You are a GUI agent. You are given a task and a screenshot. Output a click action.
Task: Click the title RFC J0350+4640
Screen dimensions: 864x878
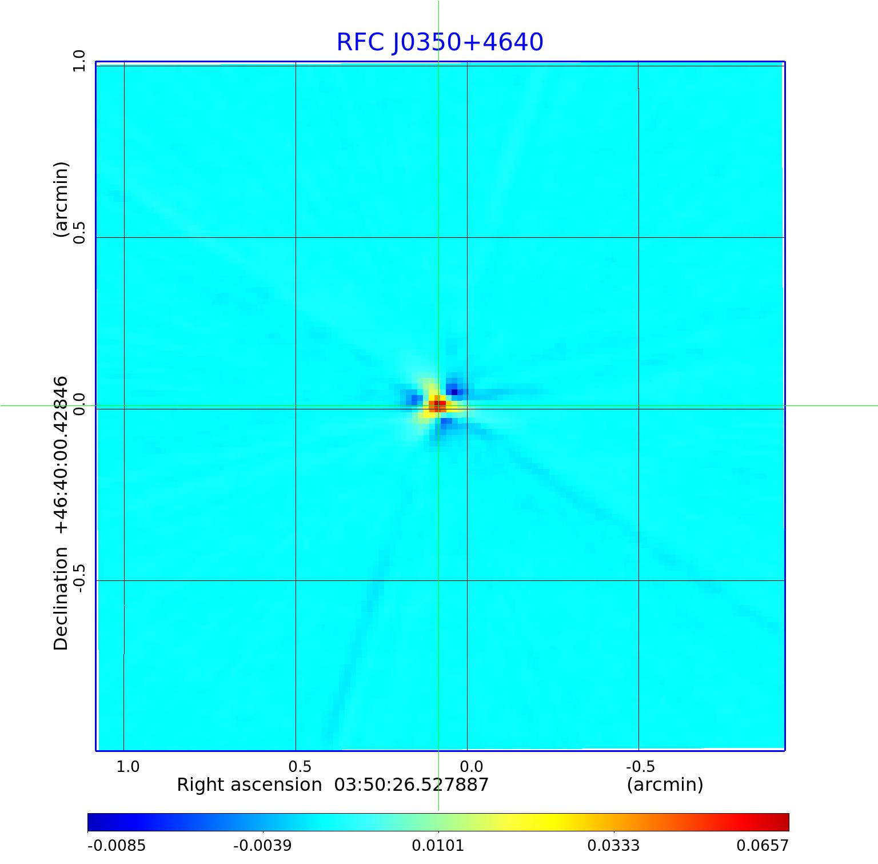[440, 42]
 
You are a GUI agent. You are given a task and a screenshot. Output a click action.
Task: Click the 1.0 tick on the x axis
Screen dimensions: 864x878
[127, 767]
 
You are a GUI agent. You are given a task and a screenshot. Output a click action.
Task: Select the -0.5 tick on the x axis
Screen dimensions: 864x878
[640, 767]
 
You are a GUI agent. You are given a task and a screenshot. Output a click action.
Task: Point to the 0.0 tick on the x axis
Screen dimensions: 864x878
[471, 767]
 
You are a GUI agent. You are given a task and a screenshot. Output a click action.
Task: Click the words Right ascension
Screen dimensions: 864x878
[249, 785]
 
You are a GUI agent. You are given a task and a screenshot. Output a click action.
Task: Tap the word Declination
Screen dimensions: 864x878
[61, 598]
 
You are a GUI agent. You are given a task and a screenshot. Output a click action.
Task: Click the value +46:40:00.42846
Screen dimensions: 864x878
[61, 455]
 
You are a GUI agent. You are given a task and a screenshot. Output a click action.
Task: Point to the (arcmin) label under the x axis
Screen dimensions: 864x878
[665, 785]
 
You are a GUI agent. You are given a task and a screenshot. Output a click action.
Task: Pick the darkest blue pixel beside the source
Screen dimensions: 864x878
[454, 392]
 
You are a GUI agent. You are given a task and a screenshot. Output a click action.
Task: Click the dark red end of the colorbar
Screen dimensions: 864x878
[784, 822]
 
